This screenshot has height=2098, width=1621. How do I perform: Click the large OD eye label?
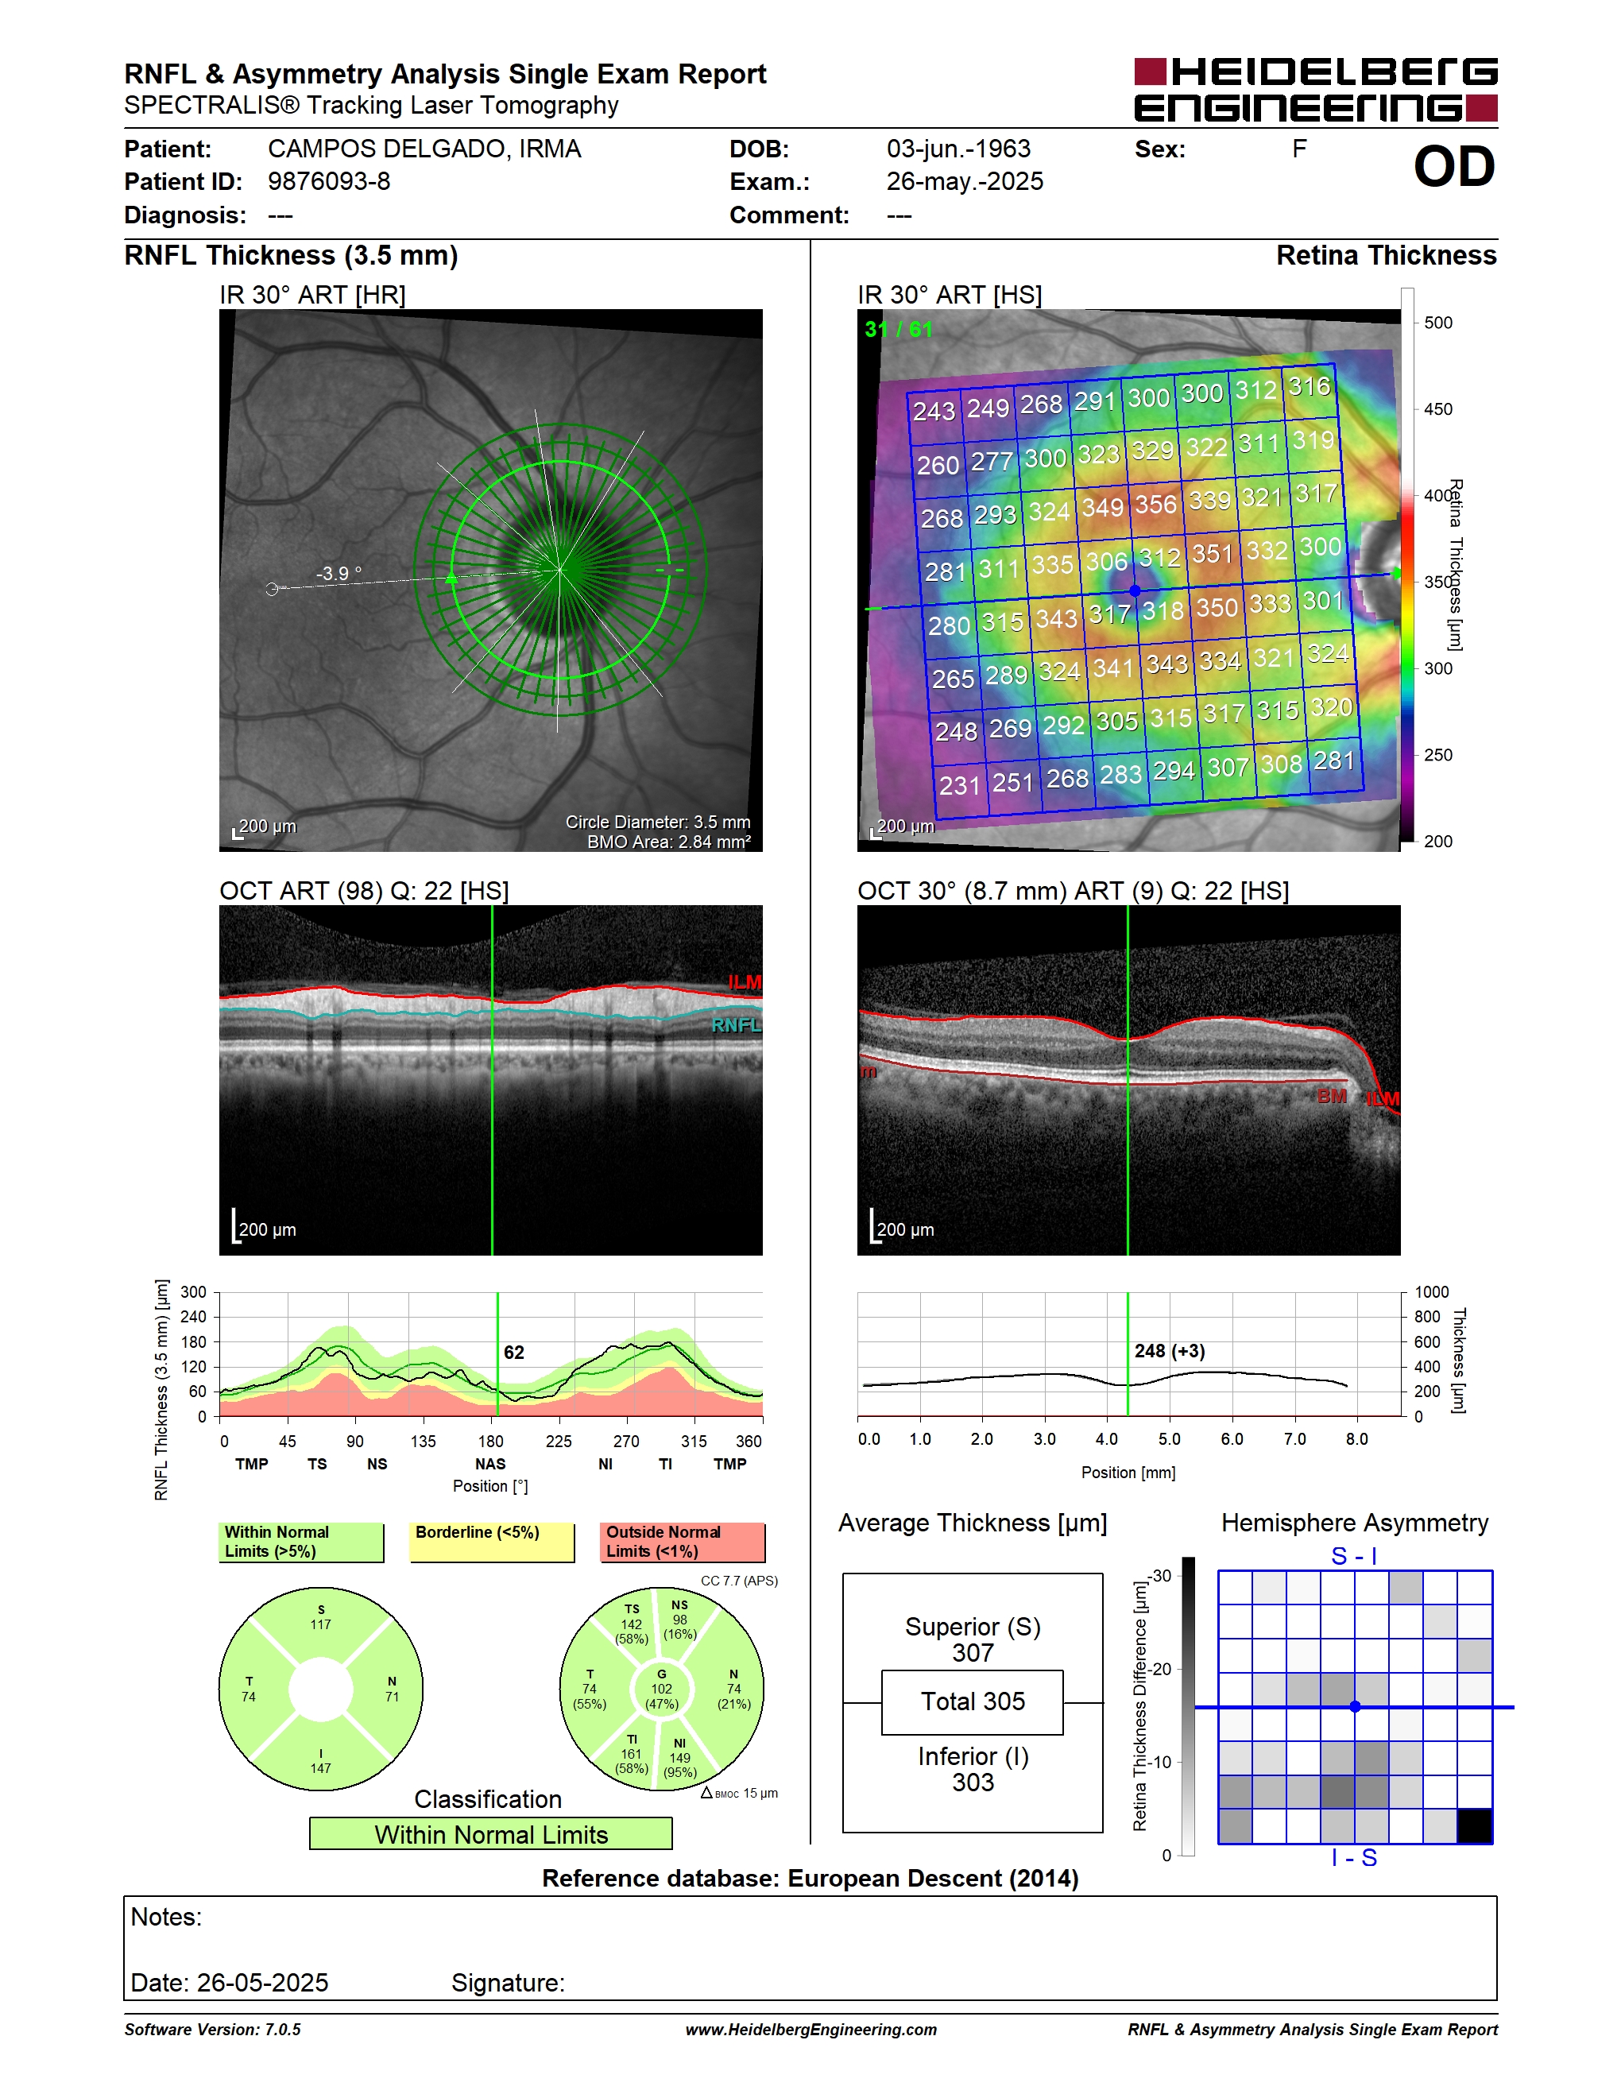1453,167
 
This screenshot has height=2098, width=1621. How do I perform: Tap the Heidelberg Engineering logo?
1316,89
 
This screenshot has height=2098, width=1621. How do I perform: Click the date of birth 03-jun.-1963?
958,149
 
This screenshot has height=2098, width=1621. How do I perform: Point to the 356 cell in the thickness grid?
1155,505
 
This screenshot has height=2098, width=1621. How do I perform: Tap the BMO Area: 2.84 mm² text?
668,842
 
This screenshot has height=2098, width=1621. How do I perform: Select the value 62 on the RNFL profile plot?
514,1353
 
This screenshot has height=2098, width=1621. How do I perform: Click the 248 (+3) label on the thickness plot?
1169,1351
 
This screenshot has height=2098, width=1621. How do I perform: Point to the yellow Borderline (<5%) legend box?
492,1543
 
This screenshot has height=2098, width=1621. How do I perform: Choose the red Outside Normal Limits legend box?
683,1542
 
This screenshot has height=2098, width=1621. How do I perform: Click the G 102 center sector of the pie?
662,1688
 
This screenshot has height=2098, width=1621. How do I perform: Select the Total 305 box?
972,1701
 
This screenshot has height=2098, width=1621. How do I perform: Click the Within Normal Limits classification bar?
491,1834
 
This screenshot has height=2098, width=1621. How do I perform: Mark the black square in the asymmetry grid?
1474,1825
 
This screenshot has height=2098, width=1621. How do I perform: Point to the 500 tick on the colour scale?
1437,323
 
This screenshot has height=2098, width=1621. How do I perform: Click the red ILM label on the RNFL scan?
745,981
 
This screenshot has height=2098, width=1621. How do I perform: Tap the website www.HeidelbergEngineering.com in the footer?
810,2029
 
